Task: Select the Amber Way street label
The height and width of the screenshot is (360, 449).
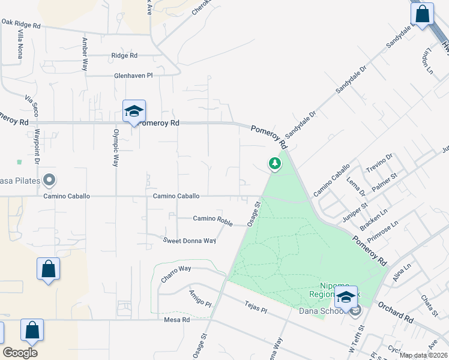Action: (85, 53)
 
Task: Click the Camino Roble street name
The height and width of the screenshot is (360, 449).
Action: (212, 220)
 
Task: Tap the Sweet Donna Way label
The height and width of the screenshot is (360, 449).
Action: (190, 241)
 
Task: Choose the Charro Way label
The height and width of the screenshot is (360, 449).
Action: (176, 273)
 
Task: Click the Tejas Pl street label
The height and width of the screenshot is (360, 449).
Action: (255, 305)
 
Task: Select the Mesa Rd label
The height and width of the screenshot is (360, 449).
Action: (176, 320)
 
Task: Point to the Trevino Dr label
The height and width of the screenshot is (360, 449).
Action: (379, 164)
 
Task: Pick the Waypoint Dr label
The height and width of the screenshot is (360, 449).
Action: (37, 146)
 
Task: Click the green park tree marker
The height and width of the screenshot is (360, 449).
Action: (274, 163)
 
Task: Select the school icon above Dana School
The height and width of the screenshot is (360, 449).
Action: (346, 297)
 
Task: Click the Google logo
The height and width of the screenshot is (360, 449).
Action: (20, 353)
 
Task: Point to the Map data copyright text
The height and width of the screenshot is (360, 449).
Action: (423, 355)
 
